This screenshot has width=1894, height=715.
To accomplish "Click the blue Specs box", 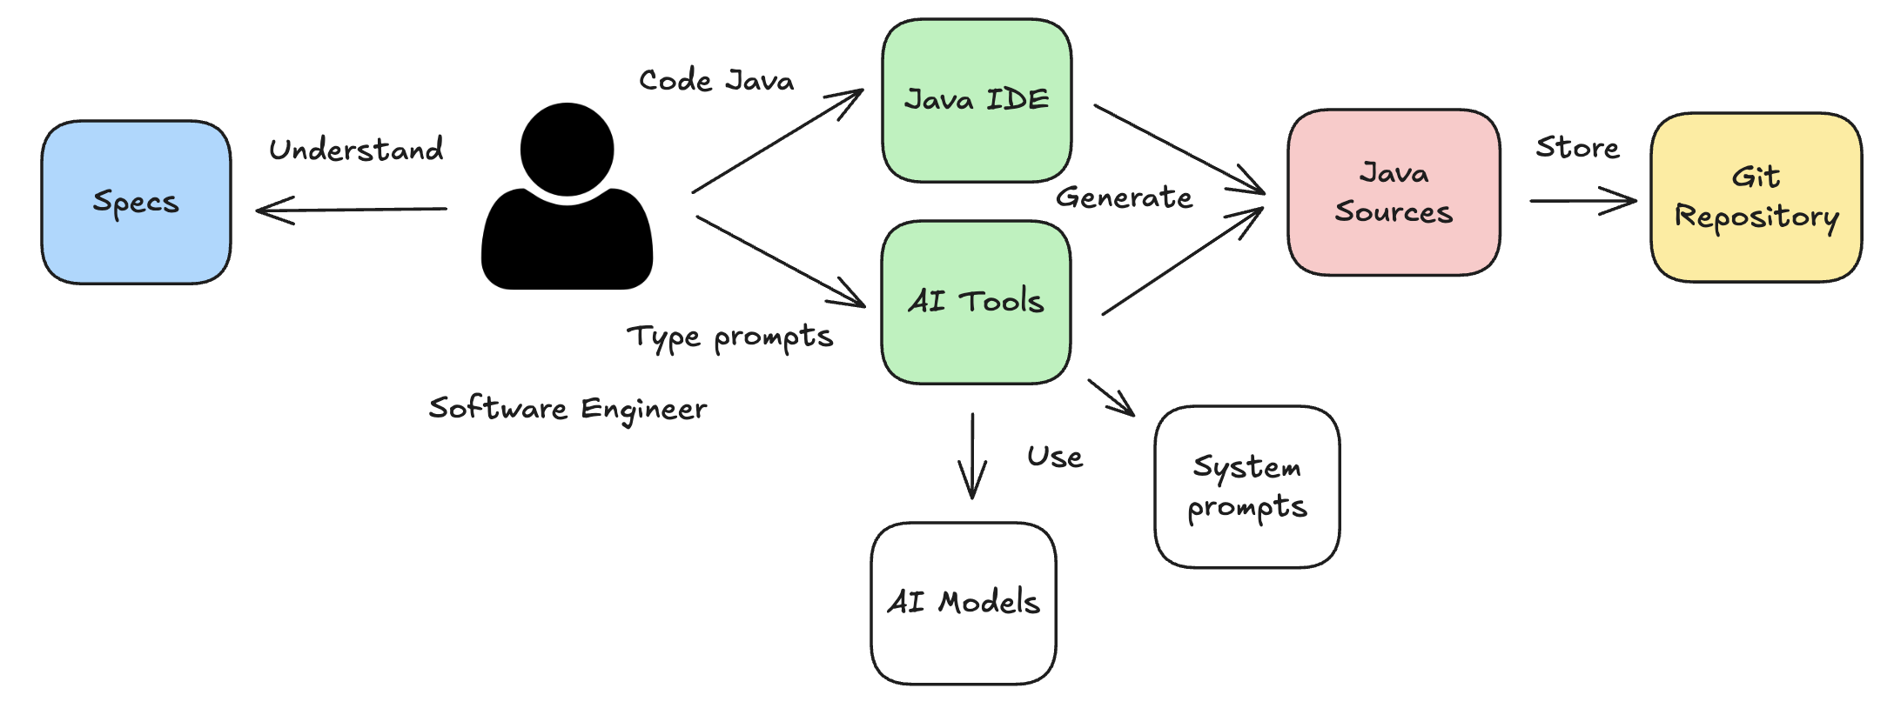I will point(136,202).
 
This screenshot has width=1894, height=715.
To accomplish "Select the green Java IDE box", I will point(977,100).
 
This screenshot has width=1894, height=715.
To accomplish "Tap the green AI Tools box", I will point(976,302).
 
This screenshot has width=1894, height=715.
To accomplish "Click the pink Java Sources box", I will point(1394,192).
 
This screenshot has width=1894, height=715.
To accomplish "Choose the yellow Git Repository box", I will point(1756,197).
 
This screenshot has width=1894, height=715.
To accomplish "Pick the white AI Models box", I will point(964,603).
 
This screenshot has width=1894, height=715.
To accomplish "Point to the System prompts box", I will point(1246,486).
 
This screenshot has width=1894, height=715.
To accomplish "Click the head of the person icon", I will point(567,150).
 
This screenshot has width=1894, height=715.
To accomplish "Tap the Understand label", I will point(356,150).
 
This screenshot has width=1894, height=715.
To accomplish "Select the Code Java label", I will point(716,81).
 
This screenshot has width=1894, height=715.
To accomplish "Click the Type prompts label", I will point(729,337).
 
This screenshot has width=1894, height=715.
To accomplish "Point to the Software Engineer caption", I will point(568,409).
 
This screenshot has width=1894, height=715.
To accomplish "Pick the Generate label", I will point(1124,197).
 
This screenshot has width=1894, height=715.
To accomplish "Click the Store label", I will point(1577,148).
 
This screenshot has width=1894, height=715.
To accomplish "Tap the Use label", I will point(1055,457).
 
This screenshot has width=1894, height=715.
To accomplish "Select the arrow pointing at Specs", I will point(352,210).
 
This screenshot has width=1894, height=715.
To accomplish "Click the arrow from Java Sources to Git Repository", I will point(1582,201).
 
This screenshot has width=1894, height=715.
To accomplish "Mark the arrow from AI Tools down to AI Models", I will point(972,456).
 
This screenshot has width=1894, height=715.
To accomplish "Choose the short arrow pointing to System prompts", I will point(1112,398).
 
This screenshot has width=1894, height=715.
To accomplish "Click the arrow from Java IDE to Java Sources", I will point(1179,149).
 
